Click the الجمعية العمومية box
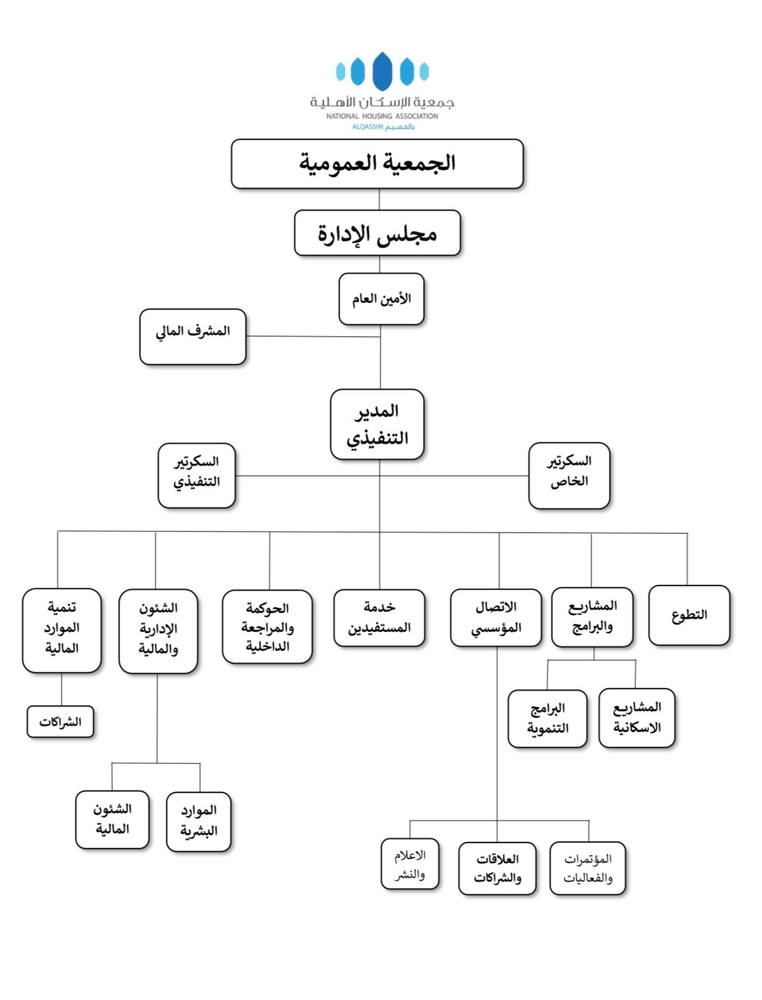pyautogui.click(x=377, y=164)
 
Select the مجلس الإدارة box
pyautogui.click(x=377, y=232)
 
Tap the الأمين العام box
pyautogui.click(x=382, y=299)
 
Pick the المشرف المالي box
pyautogui.click(x=193, y=337)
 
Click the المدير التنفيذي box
pyautogui.click(x=377, y=424)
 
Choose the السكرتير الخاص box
pyautogui.click(x=569, y=476)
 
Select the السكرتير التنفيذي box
pyautogui.click(x=197, y=476)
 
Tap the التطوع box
pyautogui.click(x=689, y=615)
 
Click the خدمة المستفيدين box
pyautogui.click(x=379, y=617)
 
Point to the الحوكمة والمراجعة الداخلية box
pyautogui.click(x=267, y=627)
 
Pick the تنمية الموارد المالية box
pyautogui.click(x=62, y=631)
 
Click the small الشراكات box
pyautogui.click(x=60, y=722)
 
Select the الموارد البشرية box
pyautogui.click(x=199, y=821)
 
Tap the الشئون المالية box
pyautogui.click(x=112, y=819)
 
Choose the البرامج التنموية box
pyautogui.click(x=548, y=719)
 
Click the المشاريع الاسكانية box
pyautogui.click(x=637, y=718)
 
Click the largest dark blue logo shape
pyautogui.click(x=382, y=71)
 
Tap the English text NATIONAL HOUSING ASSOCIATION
pyautogui.click(x=382, y=116)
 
